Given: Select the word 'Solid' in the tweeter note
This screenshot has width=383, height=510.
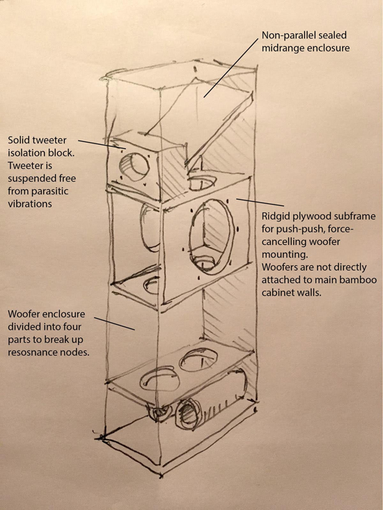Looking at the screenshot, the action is (18, 140).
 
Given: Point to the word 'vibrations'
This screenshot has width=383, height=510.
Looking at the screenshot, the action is (30, 204).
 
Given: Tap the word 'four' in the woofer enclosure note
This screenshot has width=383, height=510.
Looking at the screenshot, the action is (72, 326).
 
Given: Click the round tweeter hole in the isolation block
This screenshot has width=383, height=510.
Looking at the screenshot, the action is (135, 167).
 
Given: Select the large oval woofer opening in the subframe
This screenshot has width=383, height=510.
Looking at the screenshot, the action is (212, 237).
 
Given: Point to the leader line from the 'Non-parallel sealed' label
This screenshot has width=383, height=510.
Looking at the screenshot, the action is (230, 67).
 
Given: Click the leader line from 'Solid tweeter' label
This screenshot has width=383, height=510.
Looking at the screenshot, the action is (102, 145).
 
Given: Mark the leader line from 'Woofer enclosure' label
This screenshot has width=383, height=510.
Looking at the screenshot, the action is (114, 324).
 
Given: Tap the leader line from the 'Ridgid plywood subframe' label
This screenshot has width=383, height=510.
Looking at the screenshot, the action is (260, 202).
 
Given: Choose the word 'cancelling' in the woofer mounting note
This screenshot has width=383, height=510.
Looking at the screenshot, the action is (282, 242).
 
